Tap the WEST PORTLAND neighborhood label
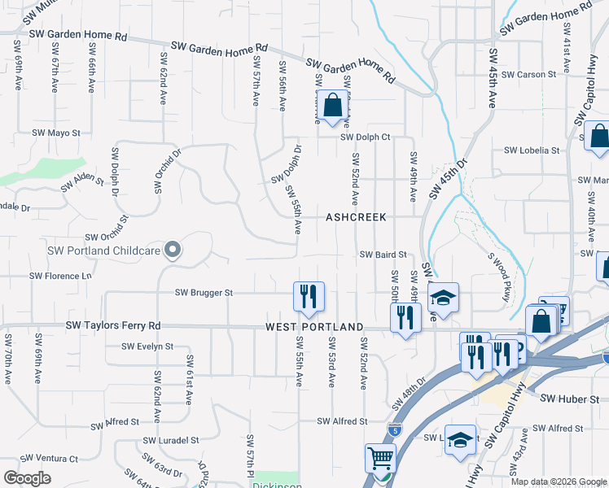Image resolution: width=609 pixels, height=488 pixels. [314, 327]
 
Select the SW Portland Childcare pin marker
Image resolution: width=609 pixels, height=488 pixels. [172, 250]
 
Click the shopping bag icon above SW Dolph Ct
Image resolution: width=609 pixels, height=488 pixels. [331, 106]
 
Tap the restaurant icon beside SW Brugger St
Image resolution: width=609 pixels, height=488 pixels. [309, 297]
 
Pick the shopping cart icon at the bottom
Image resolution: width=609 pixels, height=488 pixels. [380, 460]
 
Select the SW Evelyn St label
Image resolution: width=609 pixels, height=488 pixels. [147, 346]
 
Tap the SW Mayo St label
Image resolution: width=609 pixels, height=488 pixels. [56, 133]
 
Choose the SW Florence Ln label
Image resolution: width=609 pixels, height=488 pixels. [60, 276]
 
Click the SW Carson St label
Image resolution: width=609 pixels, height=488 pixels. [528, 74]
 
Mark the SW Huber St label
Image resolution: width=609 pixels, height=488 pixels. [569, 399]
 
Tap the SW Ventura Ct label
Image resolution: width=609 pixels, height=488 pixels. [49, 459]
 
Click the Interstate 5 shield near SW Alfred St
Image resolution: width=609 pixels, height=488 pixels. [395, 427]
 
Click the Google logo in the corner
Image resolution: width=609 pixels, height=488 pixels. [27, 478]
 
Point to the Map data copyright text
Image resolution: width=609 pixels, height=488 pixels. [559, 481]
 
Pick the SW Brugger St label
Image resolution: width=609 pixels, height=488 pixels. [204, 292]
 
